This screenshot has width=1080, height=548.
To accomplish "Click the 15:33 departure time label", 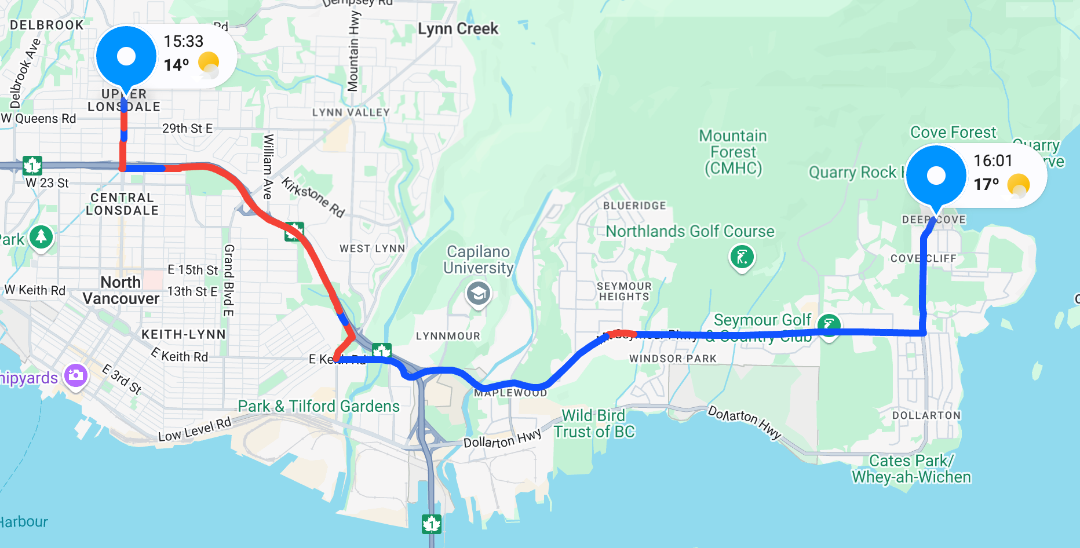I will (183, 42).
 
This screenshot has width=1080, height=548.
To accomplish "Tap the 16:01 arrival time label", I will (993, 161).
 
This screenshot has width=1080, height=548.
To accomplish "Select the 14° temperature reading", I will (176, 65).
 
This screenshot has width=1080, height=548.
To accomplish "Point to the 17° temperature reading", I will (986, 184).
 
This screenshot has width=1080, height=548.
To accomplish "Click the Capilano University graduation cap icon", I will (479, 294).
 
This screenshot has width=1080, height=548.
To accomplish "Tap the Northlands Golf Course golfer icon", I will (742, 257).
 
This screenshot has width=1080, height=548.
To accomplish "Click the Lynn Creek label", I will (458, 29).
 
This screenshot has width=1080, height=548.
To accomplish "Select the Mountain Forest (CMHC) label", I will (733, 152).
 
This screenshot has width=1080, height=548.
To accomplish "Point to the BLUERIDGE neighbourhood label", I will (634, 206).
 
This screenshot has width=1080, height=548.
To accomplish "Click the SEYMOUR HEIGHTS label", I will (624, 291).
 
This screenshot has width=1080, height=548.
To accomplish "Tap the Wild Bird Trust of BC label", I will (594, 423).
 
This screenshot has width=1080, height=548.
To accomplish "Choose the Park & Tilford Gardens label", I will (319, 406).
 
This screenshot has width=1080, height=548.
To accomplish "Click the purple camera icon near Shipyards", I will (76, 375).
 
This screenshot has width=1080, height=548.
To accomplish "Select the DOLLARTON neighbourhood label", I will (926, 415).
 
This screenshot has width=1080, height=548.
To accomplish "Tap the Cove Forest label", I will (953, 133).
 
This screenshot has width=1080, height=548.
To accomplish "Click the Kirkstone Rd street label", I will (313, 197).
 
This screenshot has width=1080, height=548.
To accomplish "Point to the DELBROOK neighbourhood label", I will (47, 25).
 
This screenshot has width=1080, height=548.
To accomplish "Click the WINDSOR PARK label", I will (673, 359).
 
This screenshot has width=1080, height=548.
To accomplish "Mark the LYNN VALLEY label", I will (351, 112).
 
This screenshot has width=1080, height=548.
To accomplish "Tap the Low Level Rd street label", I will (195, 429).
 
